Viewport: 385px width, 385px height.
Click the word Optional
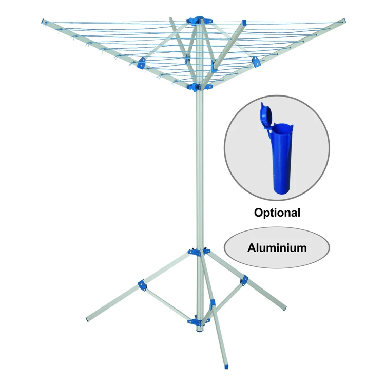[277, 212]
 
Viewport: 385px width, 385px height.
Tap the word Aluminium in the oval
[277, 248]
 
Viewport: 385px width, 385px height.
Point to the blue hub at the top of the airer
[198, 21]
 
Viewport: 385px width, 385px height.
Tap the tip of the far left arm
[43, 21]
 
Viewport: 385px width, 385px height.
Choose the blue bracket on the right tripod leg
[245, 280]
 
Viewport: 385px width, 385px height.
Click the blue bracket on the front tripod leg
[212, 304]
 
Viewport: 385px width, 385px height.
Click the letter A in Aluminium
[252, 248]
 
